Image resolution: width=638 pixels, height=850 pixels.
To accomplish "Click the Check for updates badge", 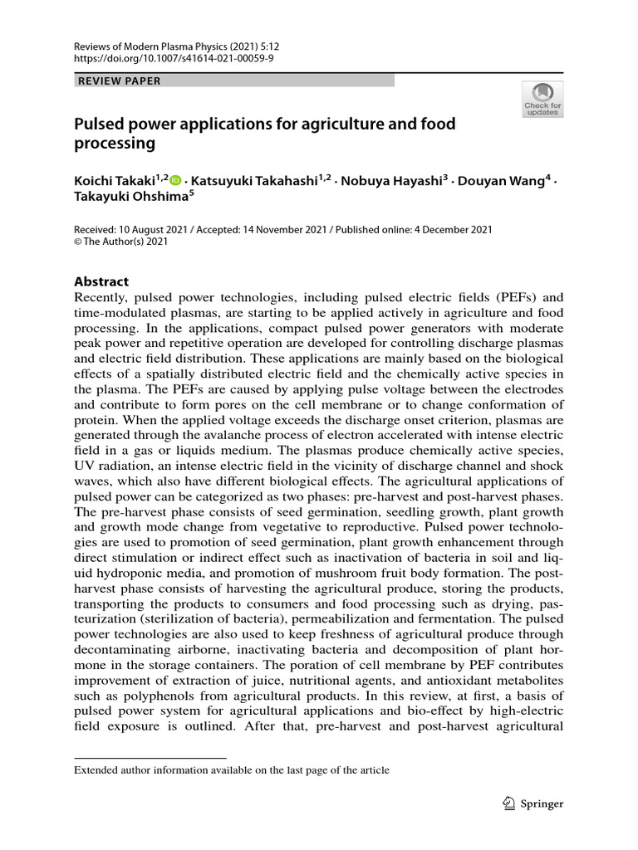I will [542, 99].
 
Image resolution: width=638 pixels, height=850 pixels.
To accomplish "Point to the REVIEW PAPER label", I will [119, 81].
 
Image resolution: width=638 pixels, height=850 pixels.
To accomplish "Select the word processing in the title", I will [115, 144].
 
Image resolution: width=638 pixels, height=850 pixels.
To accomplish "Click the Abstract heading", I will [101, 281].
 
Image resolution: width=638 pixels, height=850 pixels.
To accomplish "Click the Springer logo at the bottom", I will [533, 803].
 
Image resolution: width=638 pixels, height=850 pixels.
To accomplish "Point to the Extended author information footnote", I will [232, 770].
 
